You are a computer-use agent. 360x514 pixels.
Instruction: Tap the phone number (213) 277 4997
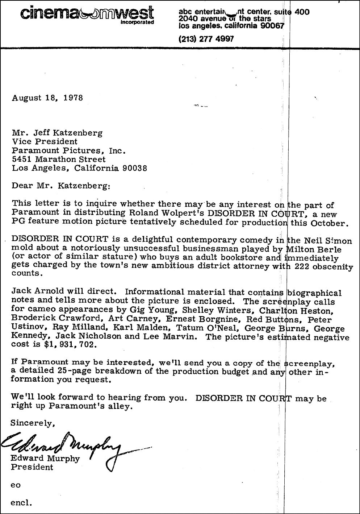(x=206, y=39)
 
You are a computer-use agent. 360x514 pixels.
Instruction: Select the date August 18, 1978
(x=47, y=98)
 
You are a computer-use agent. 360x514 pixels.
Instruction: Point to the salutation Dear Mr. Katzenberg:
(x=60, y=186)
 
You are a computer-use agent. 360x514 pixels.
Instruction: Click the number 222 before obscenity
(x=307, y=267)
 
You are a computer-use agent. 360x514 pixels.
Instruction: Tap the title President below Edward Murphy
(x=32, y=467)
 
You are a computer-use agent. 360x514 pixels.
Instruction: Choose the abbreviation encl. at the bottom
(x=21, y=503)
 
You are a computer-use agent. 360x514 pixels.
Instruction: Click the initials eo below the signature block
(x=16, y=485)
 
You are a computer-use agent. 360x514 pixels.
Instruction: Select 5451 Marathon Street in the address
(x=59, y=159)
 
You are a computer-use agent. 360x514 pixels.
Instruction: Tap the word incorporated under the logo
(x=137, y=22)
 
